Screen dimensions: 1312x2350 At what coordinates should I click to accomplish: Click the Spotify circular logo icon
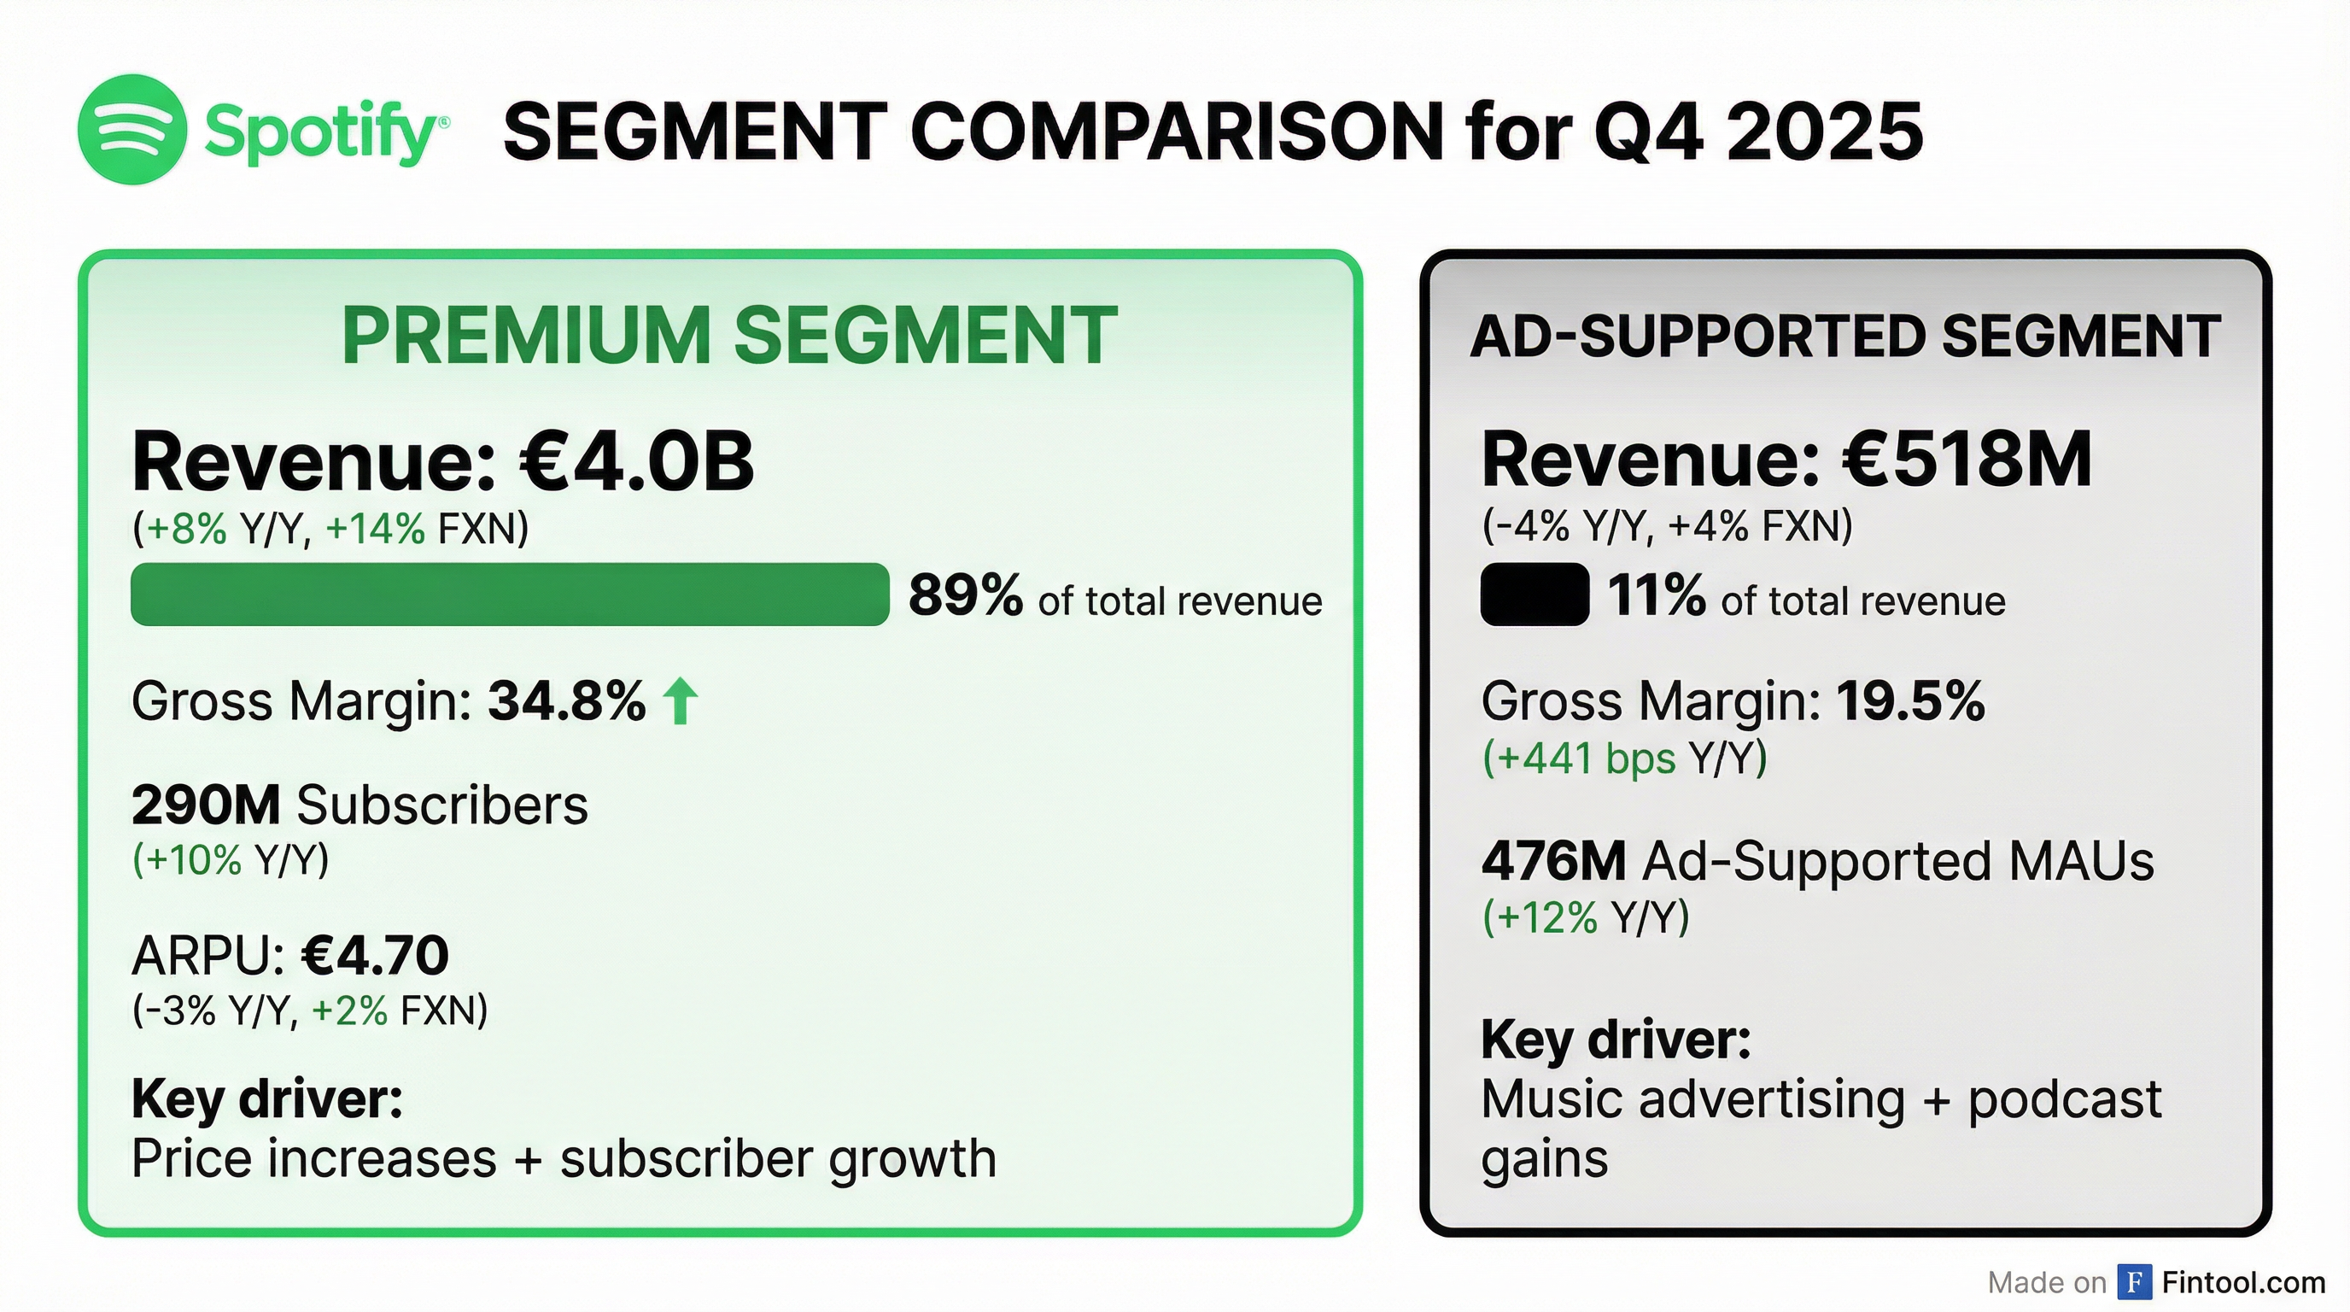[x=132, y=130]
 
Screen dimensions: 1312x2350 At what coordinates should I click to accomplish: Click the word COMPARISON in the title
[x=1177, y=132]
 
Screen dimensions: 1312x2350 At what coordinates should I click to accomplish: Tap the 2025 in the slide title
[x=1825, y=132]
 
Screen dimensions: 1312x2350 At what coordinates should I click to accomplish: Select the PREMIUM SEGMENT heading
[x=729, y=335]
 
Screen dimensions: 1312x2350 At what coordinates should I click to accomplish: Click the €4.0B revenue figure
[x=637, y=461]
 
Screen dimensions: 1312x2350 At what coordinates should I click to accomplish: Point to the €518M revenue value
[x=1966, y=460]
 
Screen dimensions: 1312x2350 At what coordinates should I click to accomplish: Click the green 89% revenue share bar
[x=509, y=594]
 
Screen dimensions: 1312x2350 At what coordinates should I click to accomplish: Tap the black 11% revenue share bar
[x=1534, y=594]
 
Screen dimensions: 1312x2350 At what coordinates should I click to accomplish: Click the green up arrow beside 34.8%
[x=680, y=700]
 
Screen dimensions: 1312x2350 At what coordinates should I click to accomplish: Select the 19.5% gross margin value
[x=1909, y=700]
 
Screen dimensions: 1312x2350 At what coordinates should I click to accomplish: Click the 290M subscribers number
[x=205, y=805]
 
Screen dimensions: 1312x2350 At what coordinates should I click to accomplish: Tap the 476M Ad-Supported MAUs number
[x=1552, y=860]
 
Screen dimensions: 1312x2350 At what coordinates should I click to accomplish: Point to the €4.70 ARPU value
[x=375, y=954]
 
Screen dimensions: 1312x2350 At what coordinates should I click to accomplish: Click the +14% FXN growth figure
[x=375, y=528]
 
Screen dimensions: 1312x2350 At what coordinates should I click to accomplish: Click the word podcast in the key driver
[x=2064, y=1098]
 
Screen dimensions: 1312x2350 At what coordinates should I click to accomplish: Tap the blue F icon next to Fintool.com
[x=2134, y=1282]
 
